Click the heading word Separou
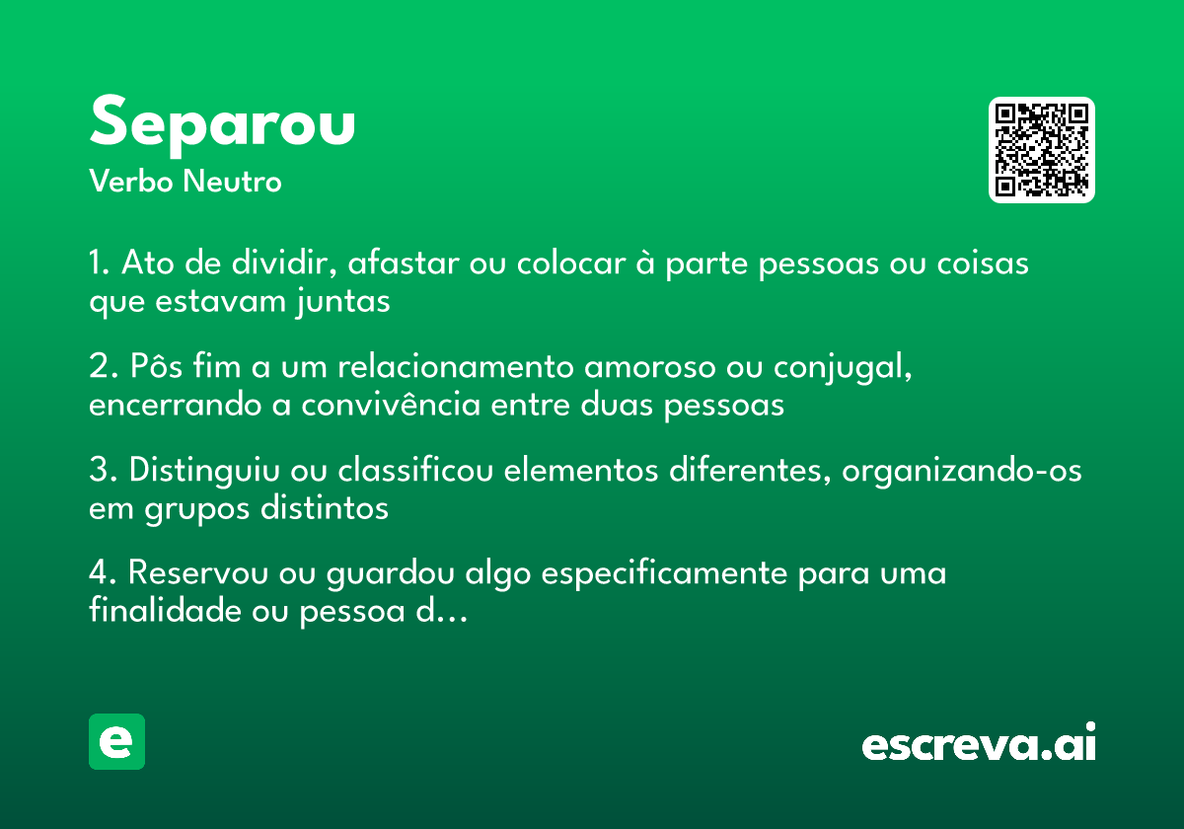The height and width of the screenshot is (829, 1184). click(x=222, y=124)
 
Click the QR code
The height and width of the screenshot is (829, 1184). click(x=1042, y=150)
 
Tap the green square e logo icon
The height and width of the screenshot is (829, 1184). click(x=116, y=741)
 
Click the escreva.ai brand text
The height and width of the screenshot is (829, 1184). click(x=979, y=744)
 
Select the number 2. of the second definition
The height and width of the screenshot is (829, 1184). click(x=102, y=367)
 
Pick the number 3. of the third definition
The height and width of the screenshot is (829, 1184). click(x=102, y=471)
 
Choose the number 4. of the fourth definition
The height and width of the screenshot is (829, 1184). click(x=102, y=573)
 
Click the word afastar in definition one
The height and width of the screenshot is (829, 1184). click(x=399, y=264)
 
